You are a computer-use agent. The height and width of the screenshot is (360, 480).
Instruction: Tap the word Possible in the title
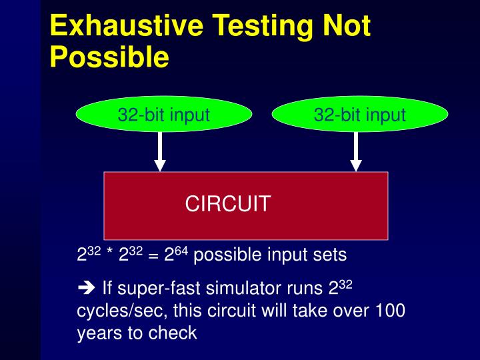point(109,57)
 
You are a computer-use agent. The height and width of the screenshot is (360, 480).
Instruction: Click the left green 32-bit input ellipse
point(164,115)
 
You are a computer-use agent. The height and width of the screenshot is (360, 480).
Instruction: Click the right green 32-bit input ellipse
point(360,115)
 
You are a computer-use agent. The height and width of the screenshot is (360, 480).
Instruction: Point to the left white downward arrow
point(160,152)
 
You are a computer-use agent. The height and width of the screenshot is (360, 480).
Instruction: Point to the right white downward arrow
point(356,152)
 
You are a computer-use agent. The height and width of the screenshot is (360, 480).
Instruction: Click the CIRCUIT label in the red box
point(227,203)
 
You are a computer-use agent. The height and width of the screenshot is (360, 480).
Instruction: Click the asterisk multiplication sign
point(109,255)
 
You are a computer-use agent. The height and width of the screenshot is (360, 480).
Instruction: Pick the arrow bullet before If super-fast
point(87,289)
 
